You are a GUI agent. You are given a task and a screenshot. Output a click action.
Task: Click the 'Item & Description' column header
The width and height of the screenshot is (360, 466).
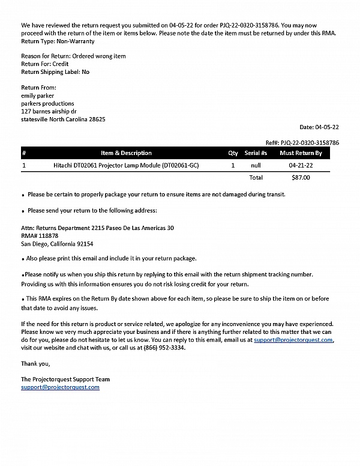point(126,153)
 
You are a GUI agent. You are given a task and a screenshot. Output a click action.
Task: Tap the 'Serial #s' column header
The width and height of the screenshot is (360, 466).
point(256,153)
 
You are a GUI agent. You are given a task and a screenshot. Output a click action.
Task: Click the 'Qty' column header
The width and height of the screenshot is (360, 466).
point(233,153)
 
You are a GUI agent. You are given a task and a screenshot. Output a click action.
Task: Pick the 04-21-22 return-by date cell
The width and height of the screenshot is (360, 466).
point(301,165)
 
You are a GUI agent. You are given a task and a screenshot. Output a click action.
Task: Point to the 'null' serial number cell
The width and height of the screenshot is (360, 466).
point(256,165)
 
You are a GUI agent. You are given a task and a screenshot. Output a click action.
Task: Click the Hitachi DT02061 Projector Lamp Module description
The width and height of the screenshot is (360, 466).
point(126,165)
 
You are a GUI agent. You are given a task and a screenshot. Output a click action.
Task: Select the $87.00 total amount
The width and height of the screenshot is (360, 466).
point(301,178)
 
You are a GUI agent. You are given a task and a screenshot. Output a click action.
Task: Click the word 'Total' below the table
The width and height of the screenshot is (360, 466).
point(256,178)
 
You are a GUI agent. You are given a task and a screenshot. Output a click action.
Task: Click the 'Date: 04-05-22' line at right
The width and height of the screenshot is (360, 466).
point(319,127)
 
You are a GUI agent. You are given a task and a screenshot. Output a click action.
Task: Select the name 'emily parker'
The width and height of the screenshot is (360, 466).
point(37,95)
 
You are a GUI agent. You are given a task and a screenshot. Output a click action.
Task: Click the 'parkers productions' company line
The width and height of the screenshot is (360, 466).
point(47,103)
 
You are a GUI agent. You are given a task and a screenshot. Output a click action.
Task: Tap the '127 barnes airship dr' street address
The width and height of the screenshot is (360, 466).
point(49,111)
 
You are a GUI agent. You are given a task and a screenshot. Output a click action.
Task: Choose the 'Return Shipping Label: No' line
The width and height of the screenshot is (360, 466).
point(55,72)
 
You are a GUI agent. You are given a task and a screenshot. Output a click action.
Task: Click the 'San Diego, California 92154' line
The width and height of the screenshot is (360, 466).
point(57,244)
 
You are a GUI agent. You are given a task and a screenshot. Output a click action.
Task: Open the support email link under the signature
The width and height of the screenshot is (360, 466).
point(60,387)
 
